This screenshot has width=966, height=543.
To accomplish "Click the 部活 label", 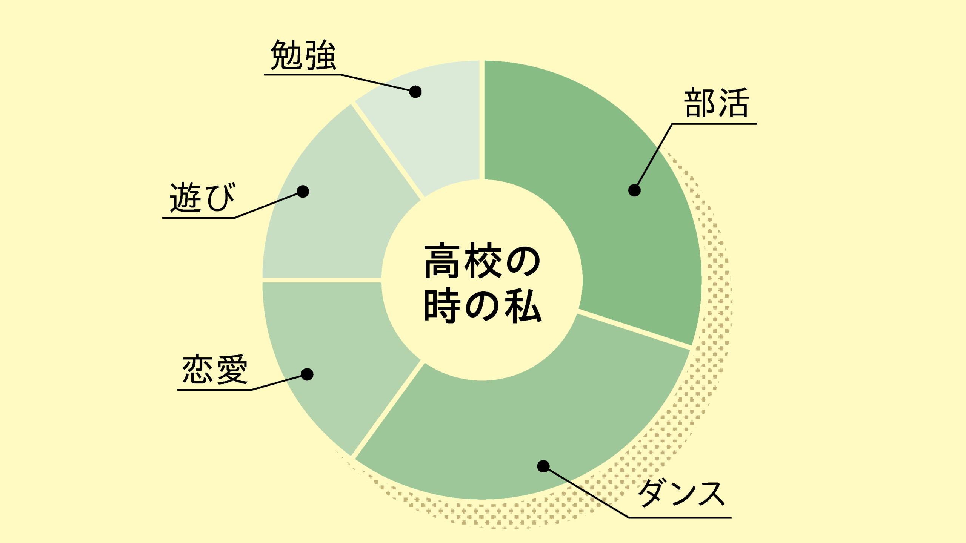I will (x=716, y=103).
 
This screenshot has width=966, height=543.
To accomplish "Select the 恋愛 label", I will (x=215, y=370).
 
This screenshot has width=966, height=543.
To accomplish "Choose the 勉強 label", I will (x=303, y=55).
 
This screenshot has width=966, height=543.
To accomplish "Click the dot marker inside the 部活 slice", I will (x=634, y=190).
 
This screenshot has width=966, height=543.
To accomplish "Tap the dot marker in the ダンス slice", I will (x=543, y=466).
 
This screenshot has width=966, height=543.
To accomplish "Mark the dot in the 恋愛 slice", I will (x=307, y=374).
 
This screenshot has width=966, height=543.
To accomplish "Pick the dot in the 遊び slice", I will (x=303, y=192).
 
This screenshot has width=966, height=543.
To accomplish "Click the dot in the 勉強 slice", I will (x=415, y=92).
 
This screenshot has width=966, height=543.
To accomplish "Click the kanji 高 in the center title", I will (x=441, y=261).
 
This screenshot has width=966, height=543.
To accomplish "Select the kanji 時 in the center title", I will (x=441, y=305).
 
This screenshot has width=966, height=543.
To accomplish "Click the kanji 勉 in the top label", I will (x=286, y=55).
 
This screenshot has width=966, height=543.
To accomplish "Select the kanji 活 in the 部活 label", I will (x=734, y=103).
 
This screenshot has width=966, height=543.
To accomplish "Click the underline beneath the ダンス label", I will (x=679, y=518).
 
